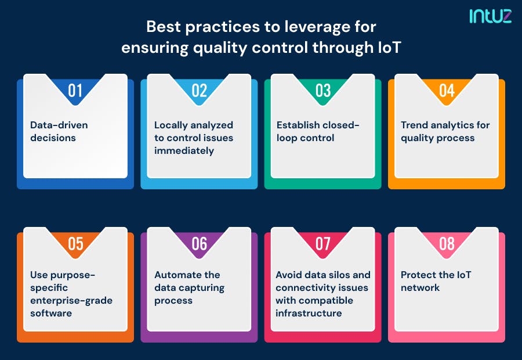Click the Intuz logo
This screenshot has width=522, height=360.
[x=490, y=16]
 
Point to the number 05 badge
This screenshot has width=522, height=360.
[x=75, y=243]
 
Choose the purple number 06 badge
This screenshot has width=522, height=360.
[x=199, y=243]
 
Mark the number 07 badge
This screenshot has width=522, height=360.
[x=323, y=243]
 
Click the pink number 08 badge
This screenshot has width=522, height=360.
[x=447, y=243]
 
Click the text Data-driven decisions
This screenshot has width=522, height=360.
[x=59, y=131]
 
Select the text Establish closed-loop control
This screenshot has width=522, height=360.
[x=318, y=131]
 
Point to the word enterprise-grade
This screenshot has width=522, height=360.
[x=71, y=300]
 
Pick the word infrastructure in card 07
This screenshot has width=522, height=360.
[x=309, y=313]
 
